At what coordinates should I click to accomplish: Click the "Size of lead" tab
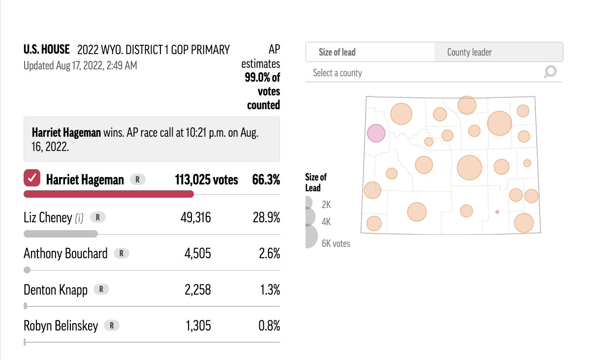pos(337,52)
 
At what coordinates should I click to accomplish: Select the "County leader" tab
pos(469,52)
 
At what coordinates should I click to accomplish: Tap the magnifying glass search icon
pos(550,72)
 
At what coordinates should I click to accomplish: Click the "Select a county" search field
pos(423,73)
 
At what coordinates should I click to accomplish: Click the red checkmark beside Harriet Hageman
pos(32,179)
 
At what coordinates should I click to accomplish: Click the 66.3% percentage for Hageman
pos(266,180)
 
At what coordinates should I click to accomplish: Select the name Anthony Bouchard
pos(65,253)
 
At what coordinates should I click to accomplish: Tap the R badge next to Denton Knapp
pos(101,289)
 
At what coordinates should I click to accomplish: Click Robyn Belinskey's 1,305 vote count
pos(198,326)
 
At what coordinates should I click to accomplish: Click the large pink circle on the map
pos(376,133)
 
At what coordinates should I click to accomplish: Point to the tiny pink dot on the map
pos(497,212)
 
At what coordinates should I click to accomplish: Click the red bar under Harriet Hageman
pos(109,194)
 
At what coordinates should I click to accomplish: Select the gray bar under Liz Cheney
pos(61,234)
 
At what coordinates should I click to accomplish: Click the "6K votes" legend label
pos(336,243)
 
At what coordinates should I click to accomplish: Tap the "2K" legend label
pos(326,204)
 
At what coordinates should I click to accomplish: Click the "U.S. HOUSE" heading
pos(47,50)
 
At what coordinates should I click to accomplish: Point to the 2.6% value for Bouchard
pos(270,253)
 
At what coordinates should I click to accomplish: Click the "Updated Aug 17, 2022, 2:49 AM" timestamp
pos(80,65)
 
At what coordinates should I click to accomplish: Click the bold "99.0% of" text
pos(262,78)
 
